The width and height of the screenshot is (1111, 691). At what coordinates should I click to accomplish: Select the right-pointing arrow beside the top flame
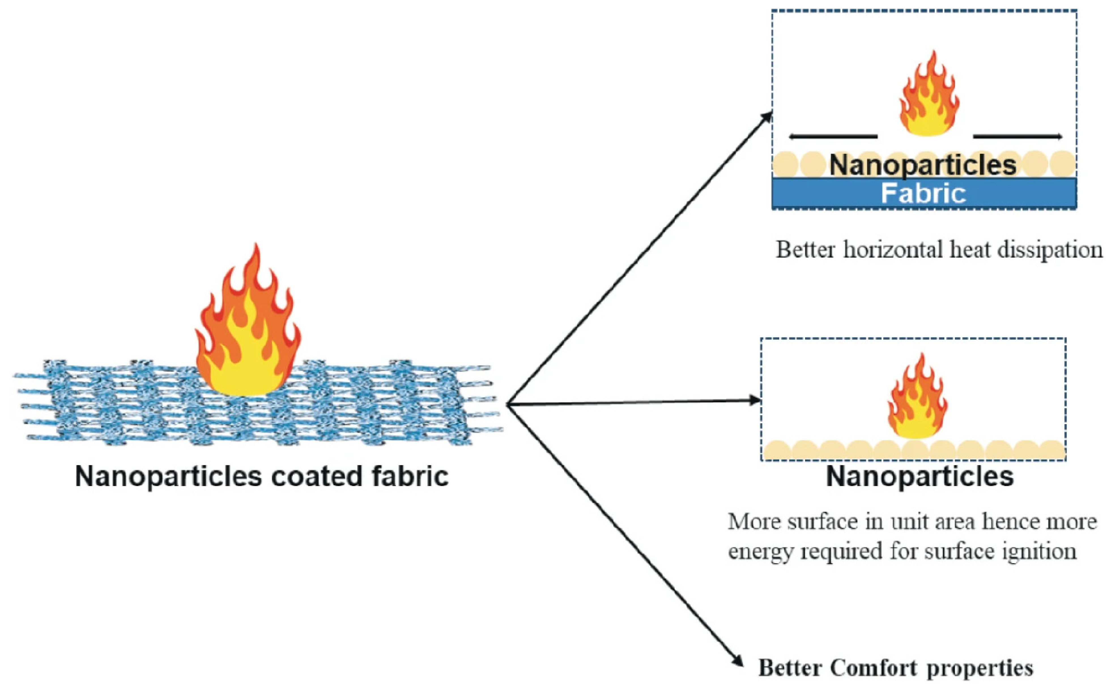[x=1018, y=136]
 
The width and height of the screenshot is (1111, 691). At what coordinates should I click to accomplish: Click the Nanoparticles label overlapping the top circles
[x=923, y=164]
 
